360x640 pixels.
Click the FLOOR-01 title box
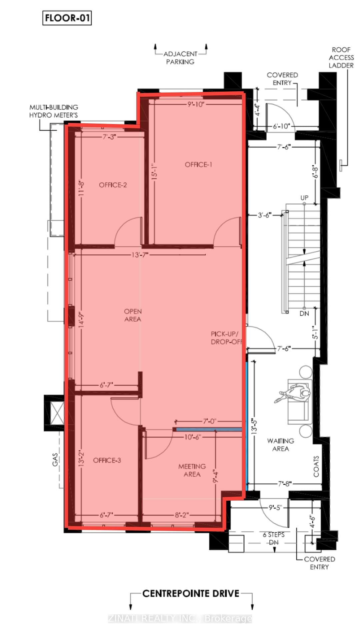(67, 18)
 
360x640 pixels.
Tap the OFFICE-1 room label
(198, 165)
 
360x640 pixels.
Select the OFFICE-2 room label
(113, 185)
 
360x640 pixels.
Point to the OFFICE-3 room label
(107, 460)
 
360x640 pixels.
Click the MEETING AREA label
(192, 470)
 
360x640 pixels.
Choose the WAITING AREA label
(280, 445)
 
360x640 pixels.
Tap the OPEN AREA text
(133, 315)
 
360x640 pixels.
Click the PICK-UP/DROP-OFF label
(226, 338)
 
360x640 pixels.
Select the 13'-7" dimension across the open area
(140, 255)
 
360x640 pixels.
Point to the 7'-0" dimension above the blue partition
(210, 421)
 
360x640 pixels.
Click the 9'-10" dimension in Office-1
(196, 104)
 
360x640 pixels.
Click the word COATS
(316, 466)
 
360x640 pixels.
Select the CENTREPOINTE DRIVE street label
(191, 594)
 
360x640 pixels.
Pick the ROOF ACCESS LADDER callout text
(341, 58)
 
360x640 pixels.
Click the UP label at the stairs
(304, 198)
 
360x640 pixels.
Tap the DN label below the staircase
(304, 313)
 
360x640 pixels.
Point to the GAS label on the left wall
(55, 459)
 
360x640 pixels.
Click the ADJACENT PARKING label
(180, 58)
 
